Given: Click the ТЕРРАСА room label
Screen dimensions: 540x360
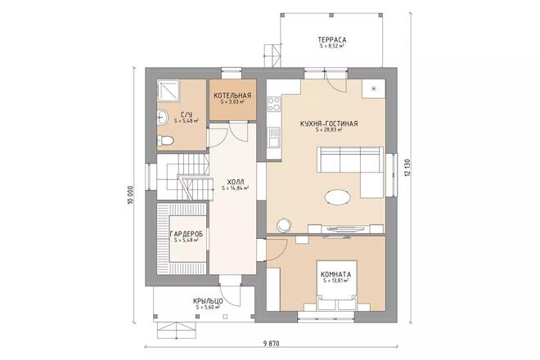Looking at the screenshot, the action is (x=332, y=40).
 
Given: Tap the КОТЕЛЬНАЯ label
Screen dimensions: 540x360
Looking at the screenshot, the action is (x=232, y=96).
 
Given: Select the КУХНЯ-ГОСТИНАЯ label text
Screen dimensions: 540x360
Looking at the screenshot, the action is (x=329, y=124).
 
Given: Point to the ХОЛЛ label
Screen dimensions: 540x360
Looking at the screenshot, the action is (x=236, y=182).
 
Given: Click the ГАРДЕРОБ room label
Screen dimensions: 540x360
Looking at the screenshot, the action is (x=187, y=234).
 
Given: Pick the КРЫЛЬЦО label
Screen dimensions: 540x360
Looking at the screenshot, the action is (x=208, y=301).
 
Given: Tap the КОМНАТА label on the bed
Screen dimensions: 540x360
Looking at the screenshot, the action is (x=335, y=275).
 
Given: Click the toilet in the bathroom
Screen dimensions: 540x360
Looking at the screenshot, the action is (x=165, y=140).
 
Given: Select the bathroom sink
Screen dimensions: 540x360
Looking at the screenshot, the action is (x=162, y=117).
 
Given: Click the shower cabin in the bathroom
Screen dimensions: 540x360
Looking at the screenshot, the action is (x=169, y=91).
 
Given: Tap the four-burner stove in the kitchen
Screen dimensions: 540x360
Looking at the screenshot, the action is (x=274, y=104).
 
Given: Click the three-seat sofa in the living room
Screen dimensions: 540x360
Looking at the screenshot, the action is (x=350, y=160).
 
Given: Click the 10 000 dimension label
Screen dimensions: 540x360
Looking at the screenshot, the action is (x=130, y=196).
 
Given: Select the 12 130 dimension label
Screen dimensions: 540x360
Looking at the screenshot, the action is (x=408, y=168).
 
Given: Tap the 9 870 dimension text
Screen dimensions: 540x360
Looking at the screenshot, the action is (x=271, y=343).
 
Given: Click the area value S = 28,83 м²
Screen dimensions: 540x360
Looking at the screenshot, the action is (x=329, y=130).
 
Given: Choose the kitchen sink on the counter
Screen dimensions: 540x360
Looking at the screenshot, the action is (x=274, y=137).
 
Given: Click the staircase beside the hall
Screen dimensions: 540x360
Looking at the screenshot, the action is (x=183, y=177).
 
